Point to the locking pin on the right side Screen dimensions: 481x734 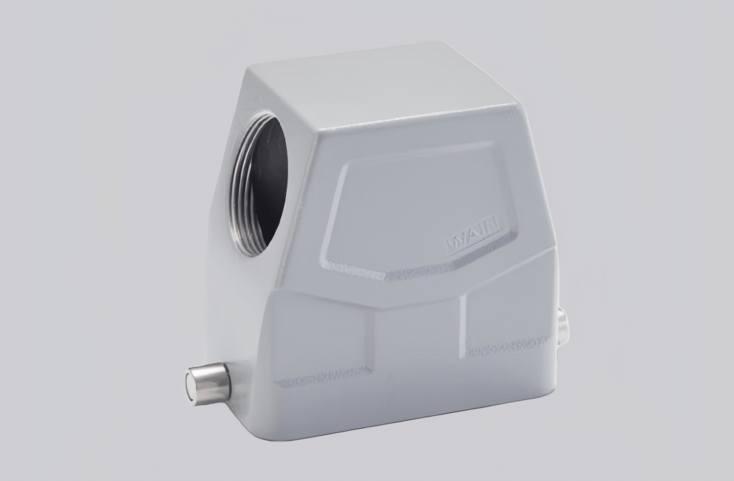click(x=563, y=324)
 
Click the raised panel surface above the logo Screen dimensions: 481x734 click(x=416, y=193)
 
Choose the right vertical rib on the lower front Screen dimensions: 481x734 click(x=463, y=322)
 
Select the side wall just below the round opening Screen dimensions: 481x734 click(x=229, y=301)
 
